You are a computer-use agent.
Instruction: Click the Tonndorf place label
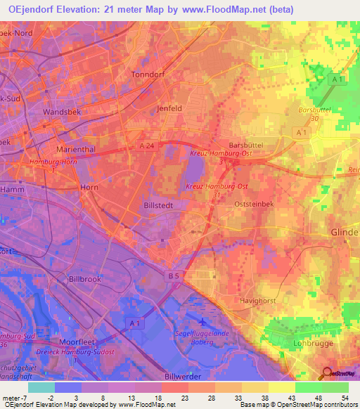pos(148,74)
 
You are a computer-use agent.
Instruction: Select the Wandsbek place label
pos(63,112)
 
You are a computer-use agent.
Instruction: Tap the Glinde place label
pos(344,233)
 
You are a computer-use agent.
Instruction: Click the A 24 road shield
pos(146,145)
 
